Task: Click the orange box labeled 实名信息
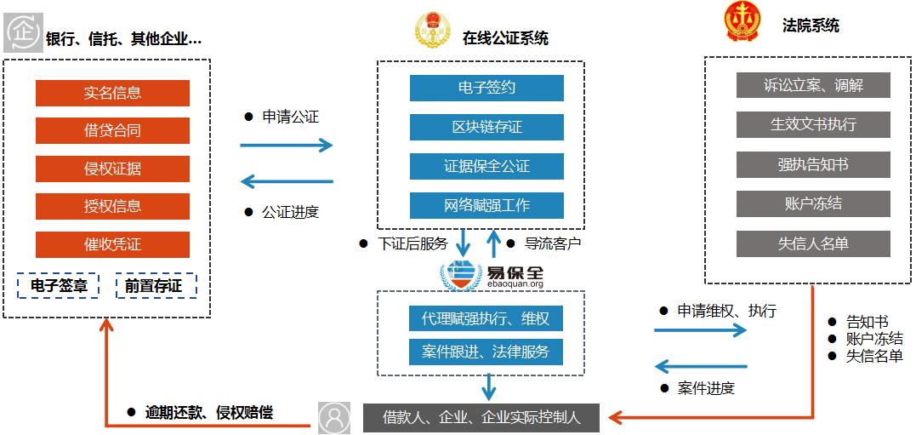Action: (x=112, y=93)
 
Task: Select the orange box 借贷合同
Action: (x=112, y=130)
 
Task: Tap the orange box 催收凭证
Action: (x=112, y=244)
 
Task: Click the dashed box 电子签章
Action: (x=59, y=286)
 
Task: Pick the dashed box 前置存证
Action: (x=156, y=286)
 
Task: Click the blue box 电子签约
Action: (x=486, y=88)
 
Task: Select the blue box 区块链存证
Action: (x=486, y=127)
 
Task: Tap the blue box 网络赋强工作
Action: (x=486, y=205)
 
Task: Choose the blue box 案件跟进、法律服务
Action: (x=486, y=352)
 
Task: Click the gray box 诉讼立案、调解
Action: (x=813, y=85)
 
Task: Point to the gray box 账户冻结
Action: (x=813, y=203)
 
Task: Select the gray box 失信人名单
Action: (x=813, y=243)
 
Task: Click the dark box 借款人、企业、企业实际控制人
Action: (x=481, y=418)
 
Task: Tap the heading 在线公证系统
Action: (x=505, y=38)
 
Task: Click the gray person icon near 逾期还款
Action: (x=334, y=418)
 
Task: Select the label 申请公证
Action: (x=290, y=117)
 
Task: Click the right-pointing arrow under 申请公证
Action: (x=286, y=146)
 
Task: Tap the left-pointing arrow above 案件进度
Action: (x=700, y=367)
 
